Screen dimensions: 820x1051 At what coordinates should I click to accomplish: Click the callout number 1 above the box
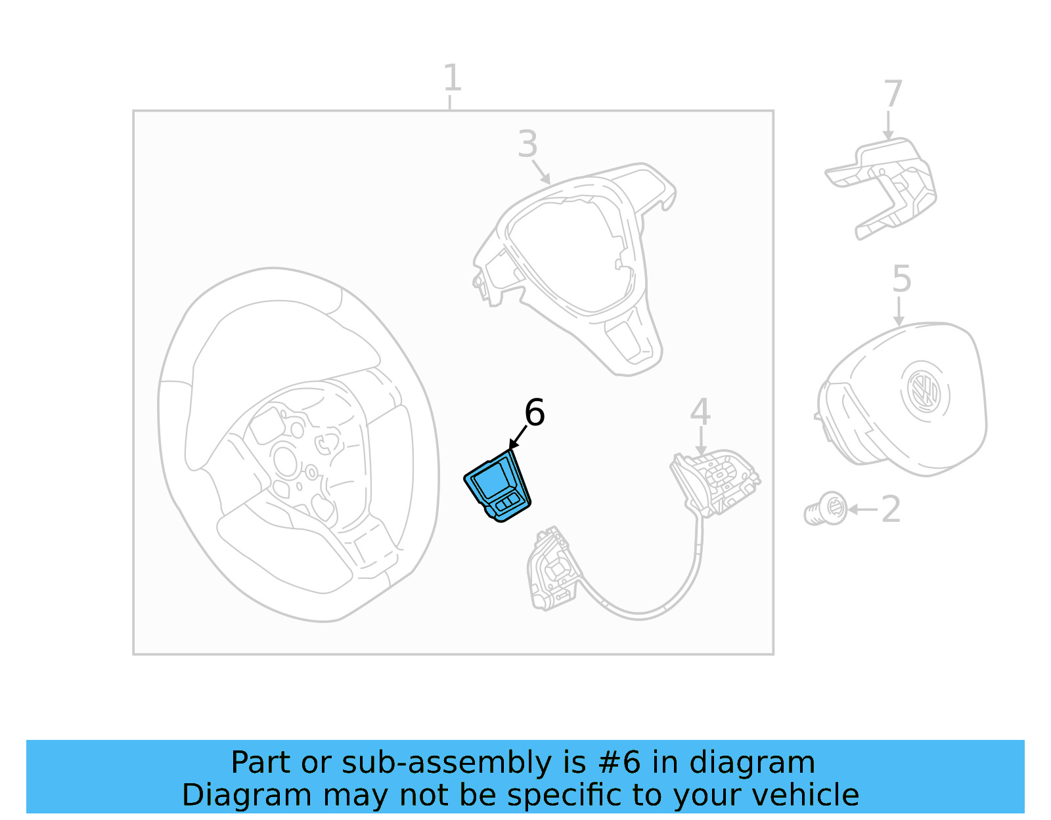tap(452, 78)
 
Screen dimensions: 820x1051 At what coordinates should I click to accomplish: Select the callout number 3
tap(527, 144)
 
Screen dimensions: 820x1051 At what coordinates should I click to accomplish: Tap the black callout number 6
tap(534, 413)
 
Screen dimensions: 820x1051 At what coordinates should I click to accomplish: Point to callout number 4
tap(700, 412)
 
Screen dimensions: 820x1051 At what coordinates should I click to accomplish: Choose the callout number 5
tap(901, 279)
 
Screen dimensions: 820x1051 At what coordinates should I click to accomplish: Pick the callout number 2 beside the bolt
tap(891, 509)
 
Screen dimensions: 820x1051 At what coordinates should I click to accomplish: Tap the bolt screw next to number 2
tap(825, 509)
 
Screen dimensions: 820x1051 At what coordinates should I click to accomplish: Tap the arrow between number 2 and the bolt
tap(862, 509)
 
